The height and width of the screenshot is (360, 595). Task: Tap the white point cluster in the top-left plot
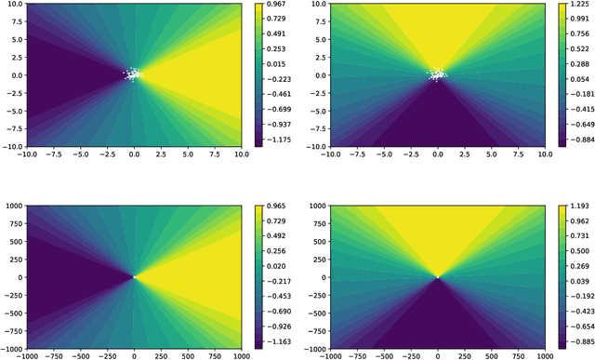tap(134, 73)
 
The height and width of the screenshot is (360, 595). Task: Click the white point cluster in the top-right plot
tap(438, 73)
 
